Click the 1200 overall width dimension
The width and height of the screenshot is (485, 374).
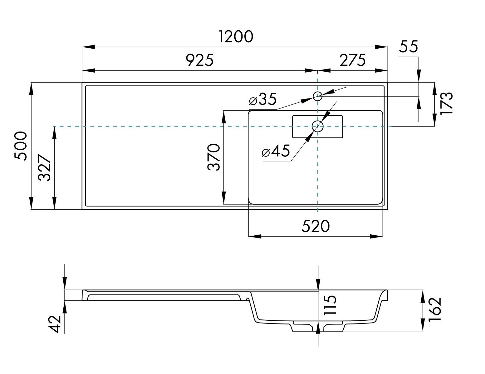[236, 36]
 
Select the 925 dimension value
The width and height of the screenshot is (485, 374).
[199, 60]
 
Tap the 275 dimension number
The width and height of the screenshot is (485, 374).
[353, 60]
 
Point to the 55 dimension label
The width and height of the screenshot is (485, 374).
[408, 46]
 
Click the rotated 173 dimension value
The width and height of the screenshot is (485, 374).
[446, 103]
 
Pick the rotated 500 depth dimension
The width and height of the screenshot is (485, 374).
[21, 146]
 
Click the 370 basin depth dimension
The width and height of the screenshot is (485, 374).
[213, 157]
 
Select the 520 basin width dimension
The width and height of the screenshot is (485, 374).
[316, 227]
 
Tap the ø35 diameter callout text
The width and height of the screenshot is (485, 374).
[263, 99]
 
